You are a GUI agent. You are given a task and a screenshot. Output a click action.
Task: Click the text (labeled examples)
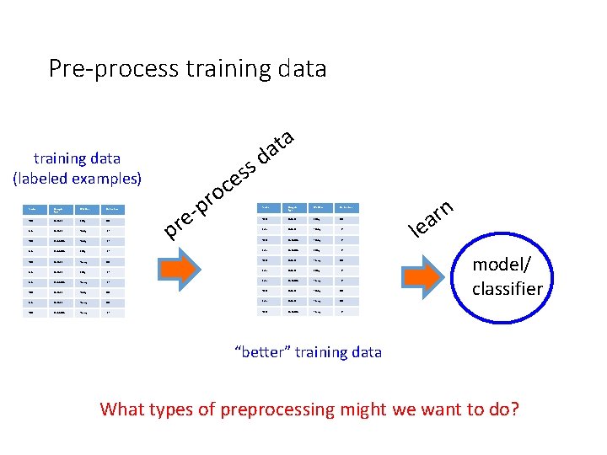78,178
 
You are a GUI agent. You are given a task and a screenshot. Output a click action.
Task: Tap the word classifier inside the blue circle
508,288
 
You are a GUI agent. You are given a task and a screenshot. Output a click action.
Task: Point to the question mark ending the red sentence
514,410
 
